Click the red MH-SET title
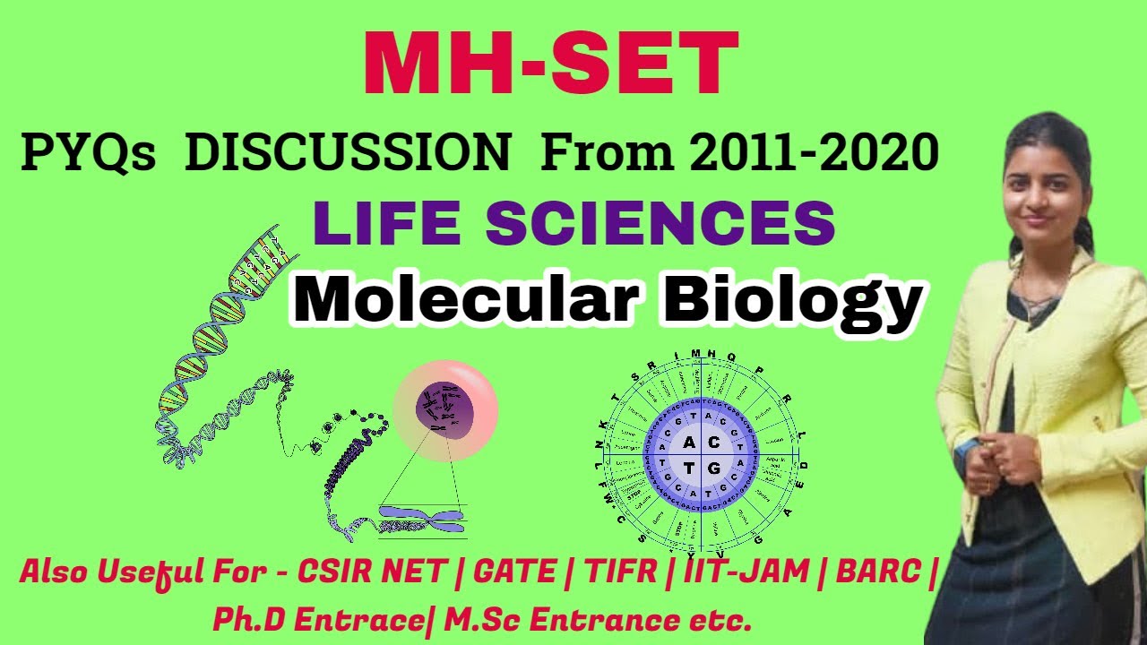tap(550, 64)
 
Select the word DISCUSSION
tap(347, 155)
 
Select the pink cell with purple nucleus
tap(445, 411)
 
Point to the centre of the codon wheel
tap(702, 455)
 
